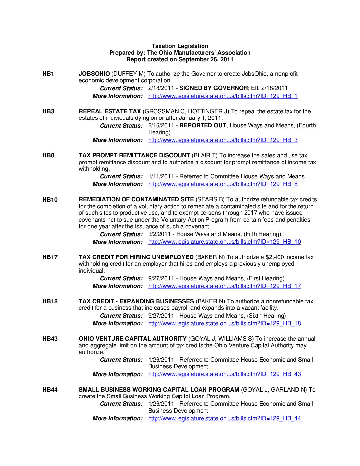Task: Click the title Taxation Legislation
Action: (x=180, y=46)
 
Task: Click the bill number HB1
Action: (x=48, y=74)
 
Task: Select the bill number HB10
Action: (x=50, y=200)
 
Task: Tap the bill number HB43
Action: (x=50, y=339)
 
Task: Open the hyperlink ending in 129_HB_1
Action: (x=223, y=96)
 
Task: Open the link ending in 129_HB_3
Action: (x=223, y=140)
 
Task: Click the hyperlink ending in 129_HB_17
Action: (x=224, y=286)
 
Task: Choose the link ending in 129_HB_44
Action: (x=224, y=418)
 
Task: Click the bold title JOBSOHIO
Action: (x=94, y=74)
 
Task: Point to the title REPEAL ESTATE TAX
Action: (x=110, y=111)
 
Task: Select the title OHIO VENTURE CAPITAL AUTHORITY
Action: (x=132, y=339)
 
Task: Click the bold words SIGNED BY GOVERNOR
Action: (x=213, y=88)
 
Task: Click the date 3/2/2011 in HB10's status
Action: (x=159, y=234)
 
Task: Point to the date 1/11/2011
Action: (x=161, y=176)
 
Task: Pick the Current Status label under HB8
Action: (x=121, y=177)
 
